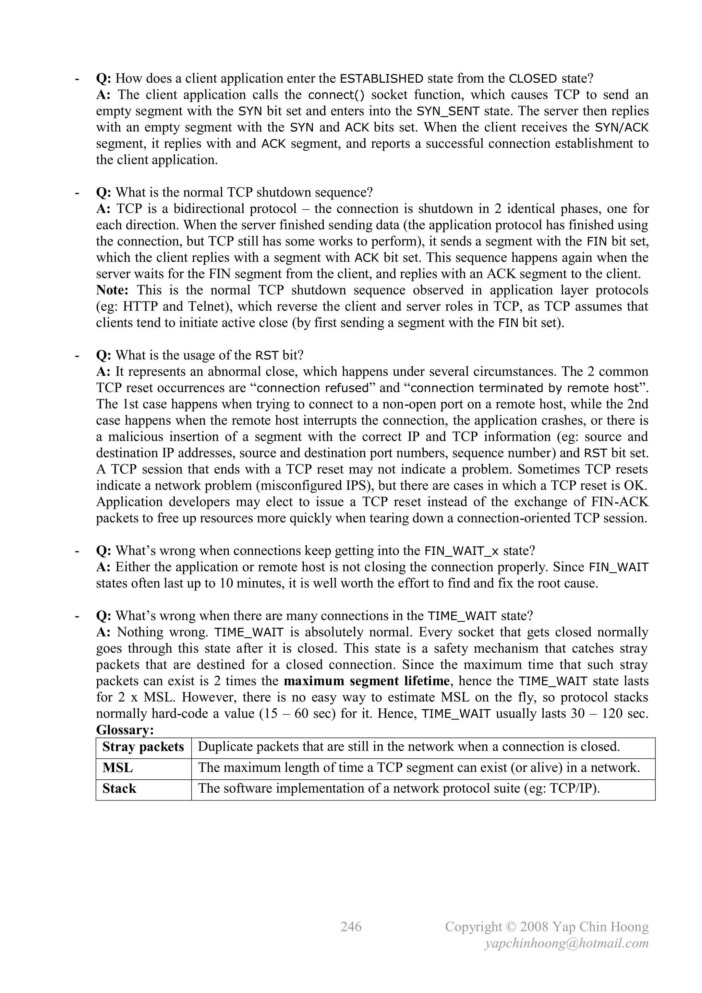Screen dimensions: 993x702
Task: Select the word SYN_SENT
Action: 448,111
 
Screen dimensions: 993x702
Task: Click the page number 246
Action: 351,926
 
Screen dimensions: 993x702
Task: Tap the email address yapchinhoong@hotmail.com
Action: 567,943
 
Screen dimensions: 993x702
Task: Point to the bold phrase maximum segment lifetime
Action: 366,681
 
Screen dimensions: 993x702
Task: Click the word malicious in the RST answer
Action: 136,437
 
